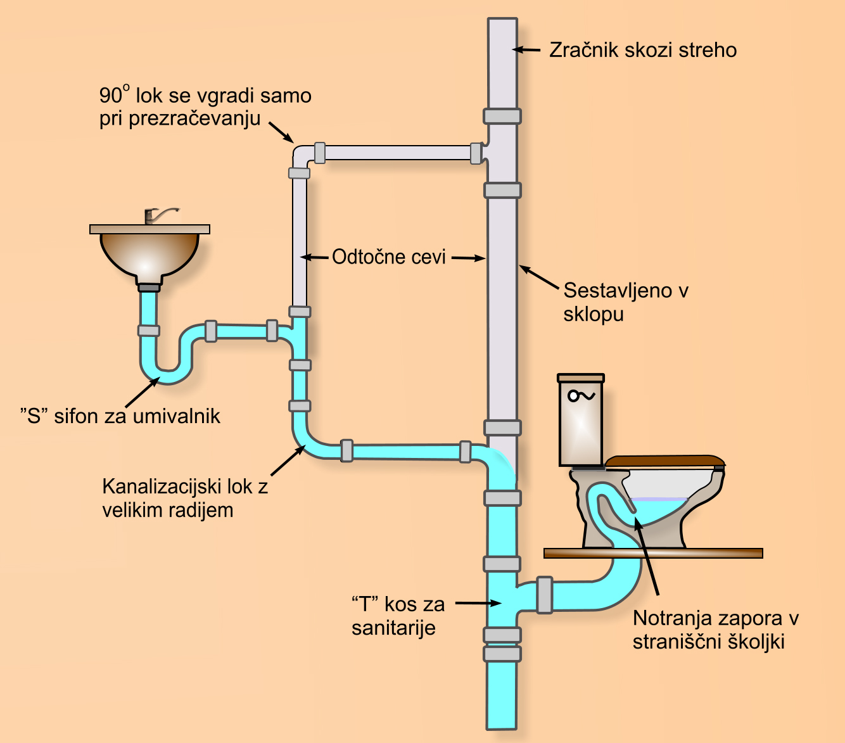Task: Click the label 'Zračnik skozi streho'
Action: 642,50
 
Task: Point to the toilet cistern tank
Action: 580,421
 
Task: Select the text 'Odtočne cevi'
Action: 389,257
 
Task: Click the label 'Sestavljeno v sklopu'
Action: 625,302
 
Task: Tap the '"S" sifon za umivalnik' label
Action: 120,416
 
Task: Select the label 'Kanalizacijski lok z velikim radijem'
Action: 184,498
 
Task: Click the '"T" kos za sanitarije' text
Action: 398,615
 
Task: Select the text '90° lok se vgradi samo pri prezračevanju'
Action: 205,107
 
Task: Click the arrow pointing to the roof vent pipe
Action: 526,49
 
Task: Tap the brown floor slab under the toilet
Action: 652,553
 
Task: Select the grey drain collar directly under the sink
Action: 149,287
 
